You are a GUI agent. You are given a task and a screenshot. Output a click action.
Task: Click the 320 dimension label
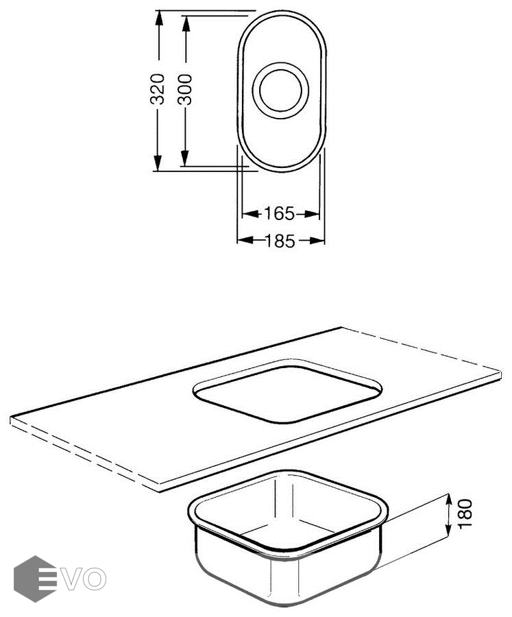(158, 89)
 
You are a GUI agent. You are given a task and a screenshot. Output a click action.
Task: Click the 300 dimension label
(184, 90)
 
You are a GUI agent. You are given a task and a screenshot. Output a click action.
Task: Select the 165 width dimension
(279, 214)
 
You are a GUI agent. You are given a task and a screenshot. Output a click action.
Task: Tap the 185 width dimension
(280, 241)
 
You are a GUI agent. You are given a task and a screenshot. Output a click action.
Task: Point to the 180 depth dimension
(465, 514)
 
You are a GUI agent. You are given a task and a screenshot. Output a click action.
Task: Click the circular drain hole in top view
(280, 90)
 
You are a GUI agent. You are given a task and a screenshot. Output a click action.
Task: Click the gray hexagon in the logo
(35, 579)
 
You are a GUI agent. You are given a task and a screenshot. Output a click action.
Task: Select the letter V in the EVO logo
(73, 579)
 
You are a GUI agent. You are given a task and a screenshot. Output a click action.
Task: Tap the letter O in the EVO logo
(95, 579)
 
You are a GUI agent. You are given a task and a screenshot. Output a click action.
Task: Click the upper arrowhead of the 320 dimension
(158, 18)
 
